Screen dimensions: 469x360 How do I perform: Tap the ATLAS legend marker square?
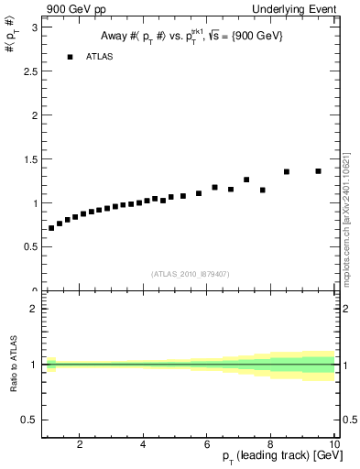(x=69, y=57)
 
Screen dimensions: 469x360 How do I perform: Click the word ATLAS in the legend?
(x=100, y=57)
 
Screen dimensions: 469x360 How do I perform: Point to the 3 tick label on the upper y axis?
(x=32, y=28)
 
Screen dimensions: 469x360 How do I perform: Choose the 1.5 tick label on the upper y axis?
(x=27, y=159)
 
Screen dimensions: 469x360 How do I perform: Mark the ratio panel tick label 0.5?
(x=27, y=420)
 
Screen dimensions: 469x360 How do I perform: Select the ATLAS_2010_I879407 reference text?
(x=191, y=273)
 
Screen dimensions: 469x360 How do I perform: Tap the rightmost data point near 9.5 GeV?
(x=319, y=171)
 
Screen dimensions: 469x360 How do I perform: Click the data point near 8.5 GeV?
(x=287, y=171)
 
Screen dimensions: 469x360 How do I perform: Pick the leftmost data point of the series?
(x=51, y=228)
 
